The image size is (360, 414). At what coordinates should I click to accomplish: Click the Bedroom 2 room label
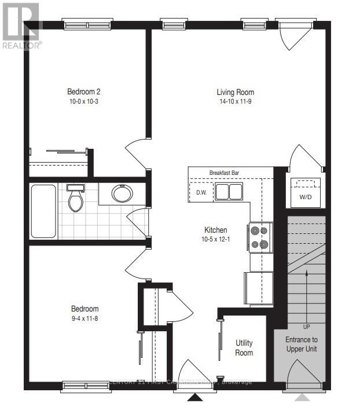point(84,91)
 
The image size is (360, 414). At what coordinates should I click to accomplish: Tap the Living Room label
point(235,92)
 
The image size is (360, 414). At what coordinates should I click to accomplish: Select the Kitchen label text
point(215,230)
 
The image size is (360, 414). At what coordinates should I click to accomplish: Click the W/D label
point(304,196)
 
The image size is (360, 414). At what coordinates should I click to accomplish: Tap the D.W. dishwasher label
point(201,192)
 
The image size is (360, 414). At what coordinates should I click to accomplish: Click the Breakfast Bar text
point(225,173)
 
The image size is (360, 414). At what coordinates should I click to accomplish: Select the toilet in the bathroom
point(75,198)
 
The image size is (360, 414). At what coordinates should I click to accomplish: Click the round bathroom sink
point(122,193)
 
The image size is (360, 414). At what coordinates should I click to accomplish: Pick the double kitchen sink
point(230,192)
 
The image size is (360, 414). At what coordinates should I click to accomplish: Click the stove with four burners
point(260,237)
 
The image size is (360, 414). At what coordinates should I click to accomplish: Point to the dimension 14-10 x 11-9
point(235,101)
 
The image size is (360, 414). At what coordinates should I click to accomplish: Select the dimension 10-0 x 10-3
point(84,101)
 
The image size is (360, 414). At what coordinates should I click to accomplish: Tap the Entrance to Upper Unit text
point(301,344)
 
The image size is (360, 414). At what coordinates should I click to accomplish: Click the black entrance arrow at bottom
point(196,398)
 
